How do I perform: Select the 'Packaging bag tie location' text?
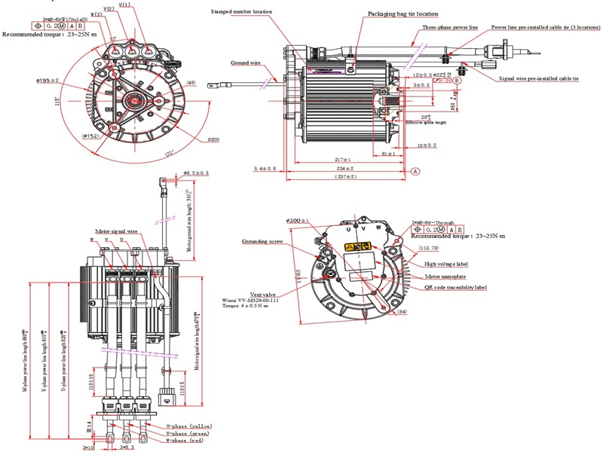point(405,14)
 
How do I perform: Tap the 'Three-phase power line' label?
point(450,27)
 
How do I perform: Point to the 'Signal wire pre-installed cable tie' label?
point(538,78)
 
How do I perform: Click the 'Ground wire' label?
point(246,63)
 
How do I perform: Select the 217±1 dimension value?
point(343,159)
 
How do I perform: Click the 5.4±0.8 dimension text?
point(264,168)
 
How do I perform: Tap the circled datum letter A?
point(415,172)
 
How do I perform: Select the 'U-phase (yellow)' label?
point(189,426)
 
